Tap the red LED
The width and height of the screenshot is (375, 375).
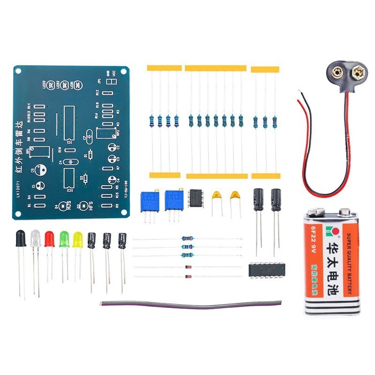click(50, 239)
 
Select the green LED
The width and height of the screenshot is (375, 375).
click(64, 239)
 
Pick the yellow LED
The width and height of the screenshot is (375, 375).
click(77, 240)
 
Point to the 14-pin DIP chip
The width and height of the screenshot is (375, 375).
click(265, 270)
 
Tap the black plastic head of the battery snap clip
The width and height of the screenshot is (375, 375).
click(347, 75)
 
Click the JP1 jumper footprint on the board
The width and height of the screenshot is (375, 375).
click(111, 82)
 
